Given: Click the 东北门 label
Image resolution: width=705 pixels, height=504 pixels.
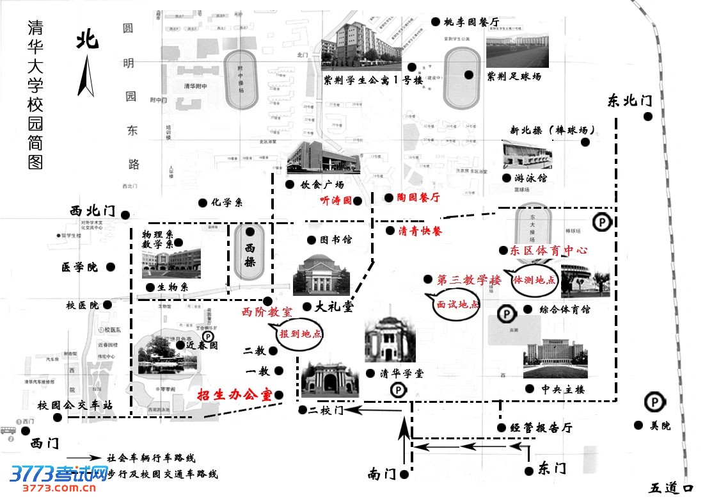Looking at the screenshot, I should coord(630,101).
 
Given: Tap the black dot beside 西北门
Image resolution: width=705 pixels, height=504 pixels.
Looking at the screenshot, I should coord(126,215).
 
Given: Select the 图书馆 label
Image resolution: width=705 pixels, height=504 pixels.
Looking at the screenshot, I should coord(338,240).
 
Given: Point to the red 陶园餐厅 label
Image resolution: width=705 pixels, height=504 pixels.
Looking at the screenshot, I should coord(418,198).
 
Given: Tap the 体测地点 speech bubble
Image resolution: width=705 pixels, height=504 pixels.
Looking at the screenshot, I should coord(534,282).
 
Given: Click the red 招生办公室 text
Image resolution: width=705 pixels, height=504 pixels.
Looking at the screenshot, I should coord(234,395).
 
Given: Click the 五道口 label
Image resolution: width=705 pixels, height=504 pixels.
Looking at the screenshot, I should coord(670,488).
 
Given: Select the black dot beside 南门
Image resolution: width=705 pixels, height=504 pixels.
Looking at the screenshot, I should coord(404,475).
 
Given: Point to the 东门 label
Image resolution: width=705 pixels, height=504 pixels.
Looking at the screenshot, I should coord(552,468).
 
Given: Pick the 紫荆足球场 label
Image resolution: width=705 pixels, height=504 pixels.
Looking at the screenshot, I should coord(514,77).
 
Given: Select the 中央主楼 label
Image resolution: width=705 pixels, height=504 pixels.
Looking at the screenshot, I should coord(562,389).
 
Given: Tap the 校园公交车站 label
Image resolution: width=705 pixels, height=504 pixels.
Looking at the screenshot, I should coord(75,405).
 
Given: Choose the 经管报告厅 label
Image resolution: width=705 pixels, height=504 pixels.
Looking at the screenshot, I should coord(541,428).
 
